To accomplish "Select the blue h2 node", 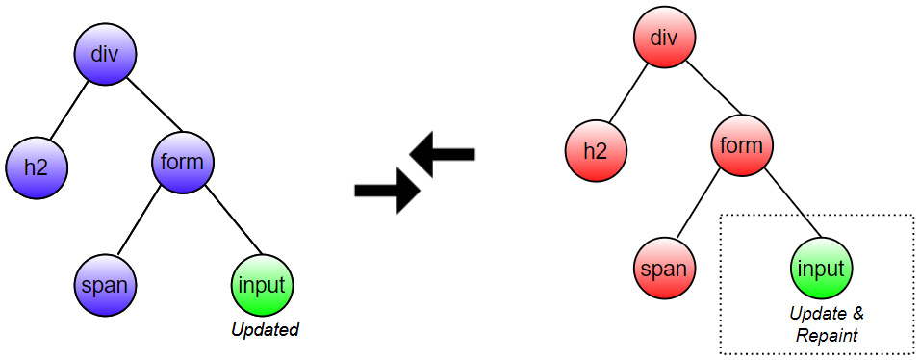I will (36, 166).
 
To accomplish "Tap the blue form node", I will (182, 162).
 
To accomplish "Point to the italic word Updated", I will (265, 330).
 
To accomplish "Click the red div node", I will (664, 39).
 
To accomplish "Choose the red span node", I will (664, 269).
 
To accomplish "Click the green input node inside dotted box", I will (821, 269).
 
